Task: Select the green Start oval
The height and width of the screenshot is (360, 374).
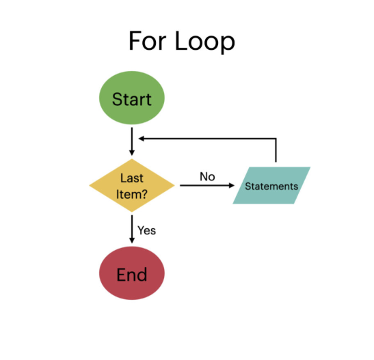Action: click(132, 99)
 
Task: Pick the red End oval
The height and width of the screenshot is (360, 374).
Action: click(132, 275)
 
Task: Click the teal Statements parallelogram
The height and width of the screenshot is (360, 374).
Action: click(271, 186)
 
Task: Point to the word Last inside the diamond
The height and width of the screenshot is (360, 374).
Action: click(131, 178)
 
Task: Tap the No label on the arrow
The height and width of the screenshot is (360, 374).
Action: click(206, 177)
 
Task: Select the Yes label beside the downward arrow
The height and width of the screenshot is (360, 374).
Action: click(146, 230)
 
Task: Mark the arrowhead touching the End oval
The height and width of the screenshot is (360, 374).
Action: click(131, 240)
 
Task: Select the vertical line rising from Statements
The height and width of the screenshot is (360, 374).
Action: click(276, 152)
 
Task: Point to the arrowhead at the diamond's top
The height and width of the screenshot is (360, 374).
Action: click(131, 154)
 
